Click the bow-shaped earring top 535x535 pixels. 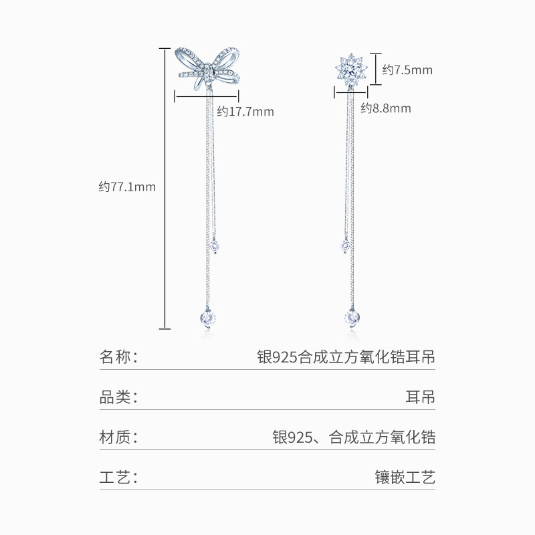click(208, 67)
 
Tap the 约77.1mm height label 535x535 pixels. click(127, 187)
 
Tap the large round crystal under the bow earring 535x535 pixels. click(206, 316)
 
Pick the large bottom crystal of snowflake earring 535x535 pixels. click(352, 316)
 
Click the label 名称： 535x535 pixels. click(118, 356)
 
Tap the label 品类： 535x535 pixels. click(118, 397)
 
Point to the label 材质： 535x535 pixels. click(118, 438)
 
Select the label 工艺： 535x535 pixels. click(118, 479)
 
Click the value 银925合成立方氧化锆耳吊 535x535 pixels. click(346, 356)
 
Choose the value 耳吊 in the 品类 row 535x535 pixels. click(420, 397)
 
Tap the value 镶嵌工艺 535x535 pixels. click(405, 479)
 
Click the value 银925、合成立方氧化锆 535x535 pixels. click(354, 438)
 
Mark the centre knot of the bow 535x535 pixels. click(209, 70)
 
